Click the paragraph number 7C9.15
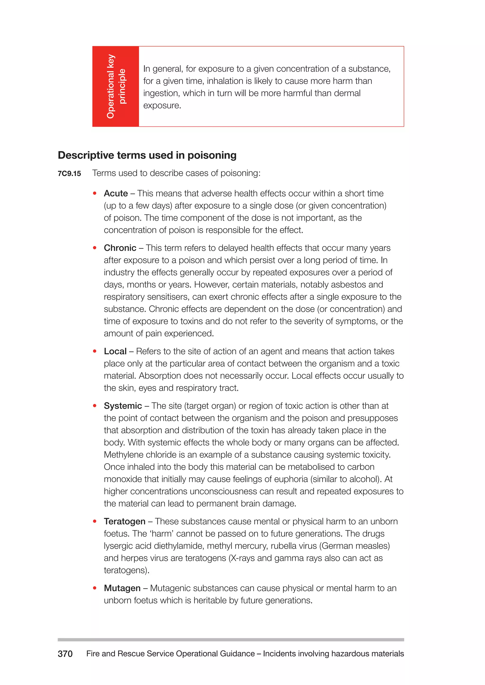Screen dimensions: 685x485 [69, 174]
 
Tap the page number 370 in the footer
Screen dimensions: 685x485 [65, 654]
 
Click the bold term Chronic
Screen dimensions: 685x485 [120, 248]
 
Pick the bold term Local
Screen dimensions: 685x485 [115, 351]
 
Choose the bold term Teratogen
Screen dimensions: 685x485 [125, 521]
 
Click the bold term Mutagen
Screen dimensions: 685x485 [122, 588]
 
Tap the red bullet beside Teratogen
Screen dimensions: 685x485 [95, 521]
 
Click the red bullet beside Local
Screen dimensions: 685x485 [95, 351]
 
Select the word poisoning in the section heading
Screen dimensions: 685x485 [212, 155]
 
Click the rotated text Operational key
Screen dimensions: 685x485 [111, 86]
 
